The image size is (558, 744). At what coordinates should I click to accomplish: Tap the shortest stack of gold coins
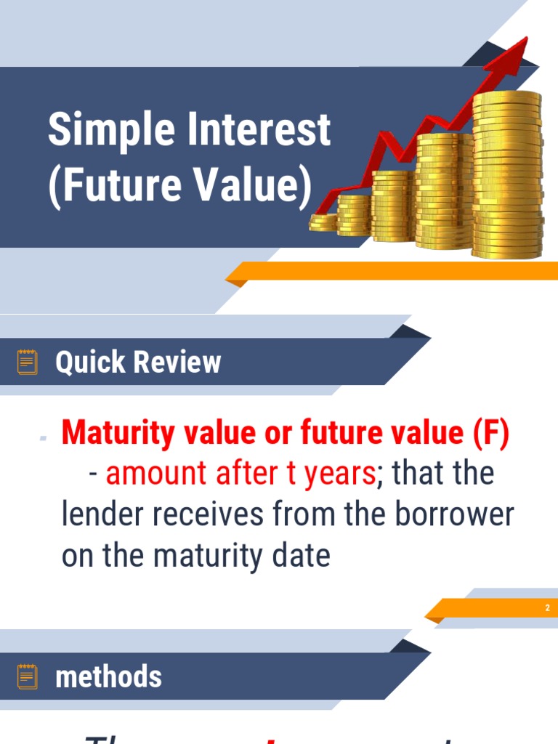323,222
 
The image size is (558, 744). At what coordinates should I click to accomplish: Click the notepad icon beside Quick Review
28,362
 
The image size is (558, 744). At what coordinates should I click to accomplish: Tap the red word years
339,474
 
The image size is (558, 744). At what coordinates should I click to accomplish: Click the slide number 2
547,607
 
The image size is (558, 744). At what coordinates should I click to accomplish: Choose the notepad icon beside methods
28,676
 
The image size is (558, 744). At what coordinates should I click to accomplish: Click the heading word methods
108,677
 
